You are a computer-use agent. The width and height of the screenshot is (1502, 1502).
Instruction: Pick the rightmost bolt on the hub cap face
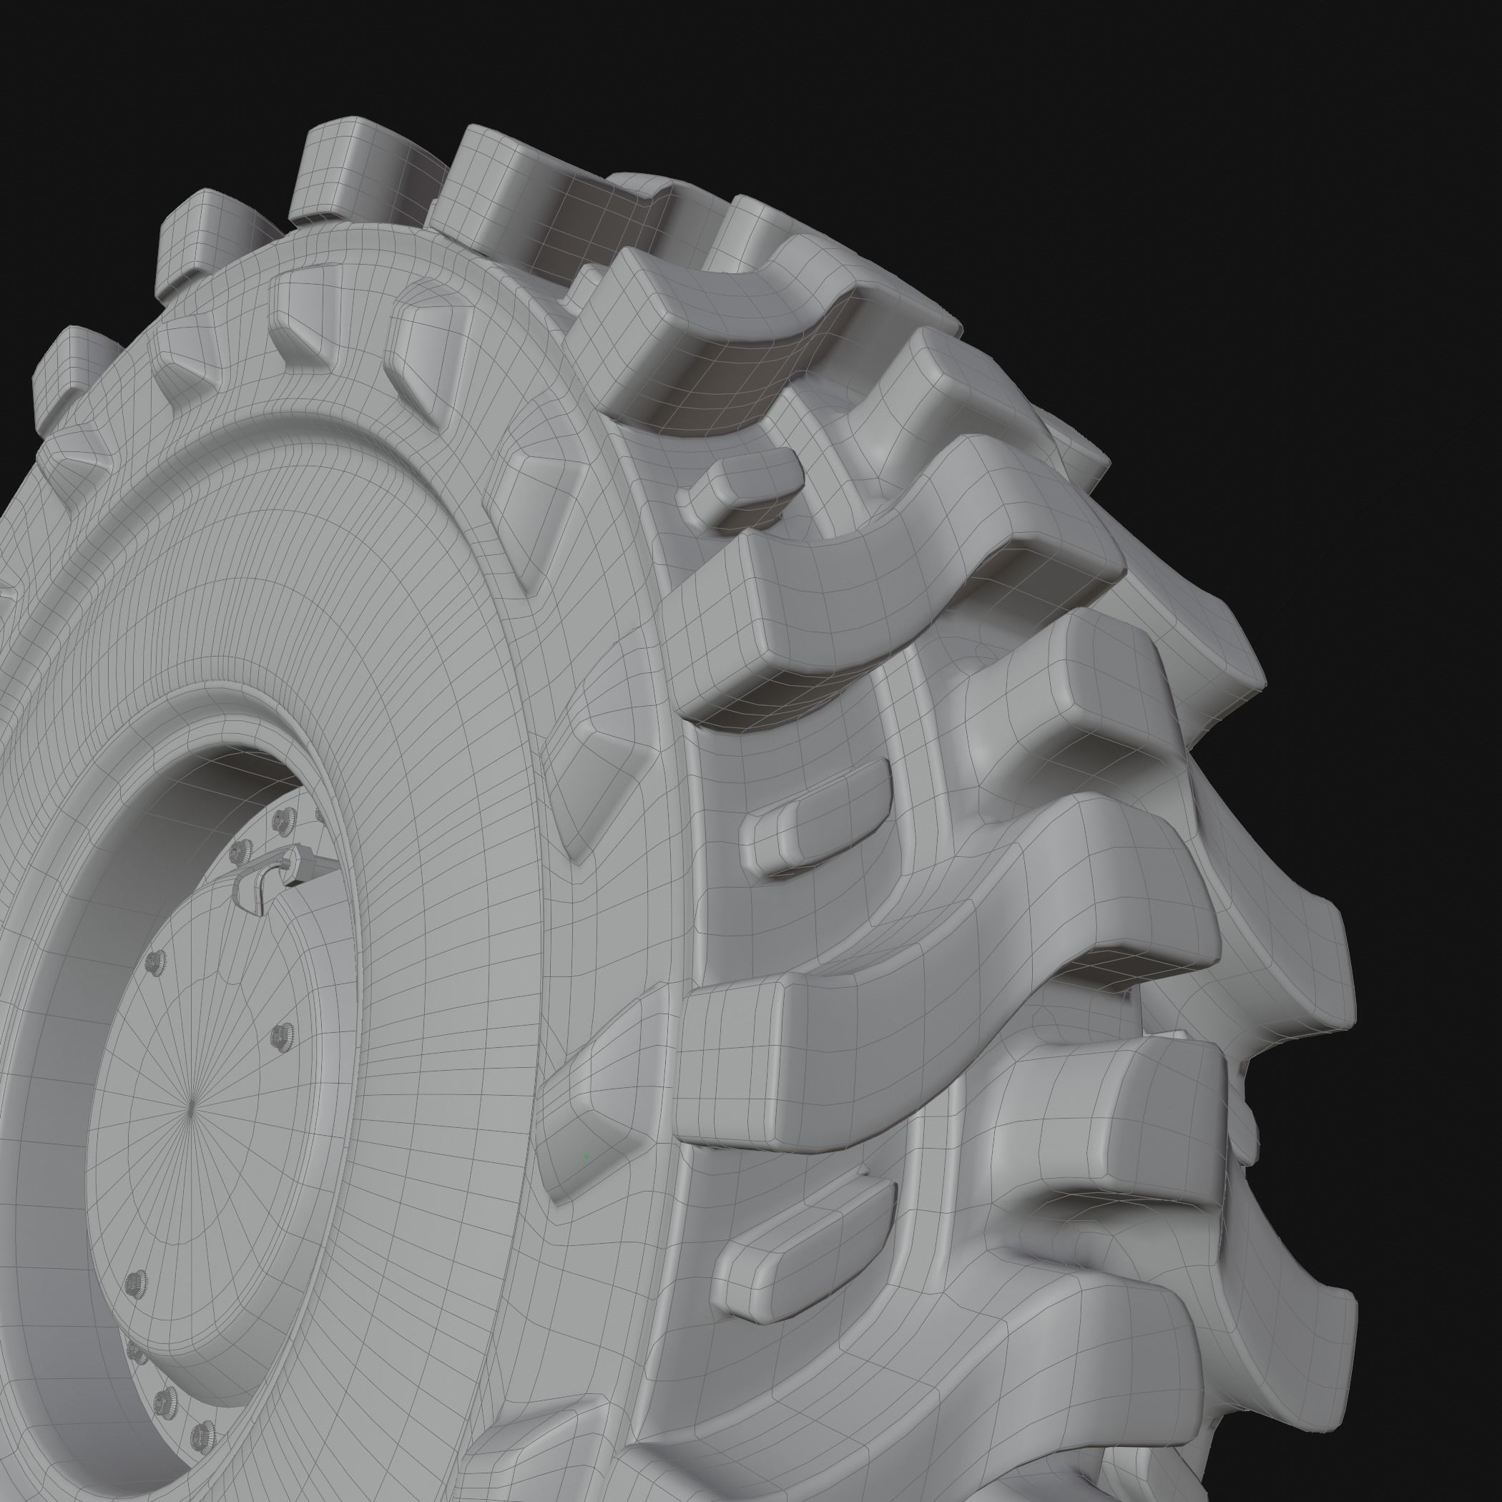(280, 1036)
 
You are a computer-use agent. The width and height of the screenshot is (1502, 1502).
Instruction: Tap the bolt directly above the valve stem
(285, 818)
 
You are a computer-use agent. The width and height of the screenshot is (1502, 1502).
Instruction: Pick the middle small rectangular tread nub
(816, 825)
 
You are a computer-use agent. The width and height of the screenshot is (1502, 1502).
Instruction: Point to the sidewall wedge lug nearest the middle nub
(591, 777)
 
